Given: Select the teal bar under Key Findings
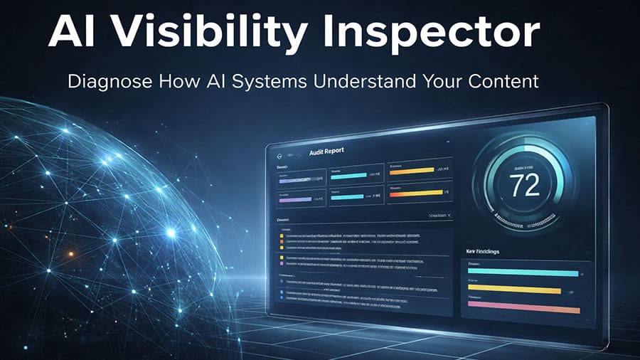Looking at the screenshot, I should point(523,272).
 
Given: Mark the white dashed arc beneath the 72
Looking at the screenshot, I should point(527,217).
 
